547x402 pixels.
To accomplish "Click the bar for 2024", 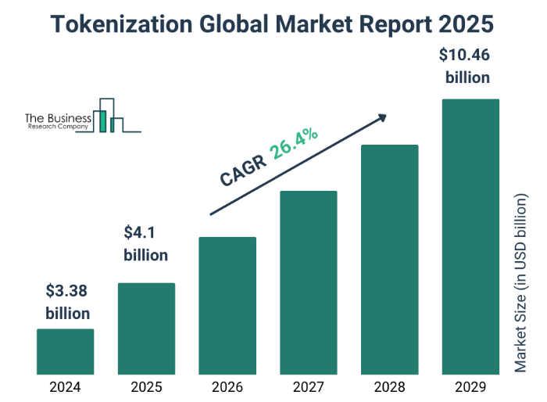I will click(65, 351).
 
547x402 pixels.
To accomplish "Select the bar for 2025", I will click(146, 328).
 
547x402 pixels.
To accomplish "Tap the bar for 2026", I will click(227, 305).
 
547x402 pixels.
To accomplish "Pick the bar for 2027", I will click(308, 282).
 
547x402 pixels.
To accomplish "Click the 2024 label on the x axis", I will click(65, 386).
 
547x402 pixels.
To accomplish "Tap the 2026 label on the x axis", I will click(227, 386).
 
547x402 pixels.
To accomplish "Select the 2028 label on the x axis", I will click(389, 386).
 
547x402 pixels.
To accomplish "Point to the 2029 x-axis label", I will click(470, 386).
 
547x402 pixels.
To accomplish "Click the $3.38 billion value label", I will click(66, 303).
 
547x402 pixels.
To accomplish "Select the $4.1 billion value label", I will click(145, 243).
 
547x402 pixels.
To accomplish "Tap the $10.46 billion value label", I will click(467, 66).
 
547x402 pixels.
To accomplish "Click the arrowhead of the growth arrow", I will click(381, 118).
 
